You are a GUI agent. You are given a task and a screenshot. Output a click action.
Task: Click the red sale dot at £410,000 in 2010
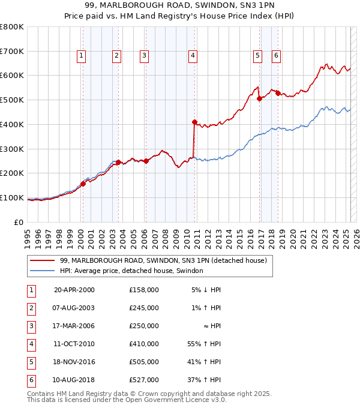[194, 122]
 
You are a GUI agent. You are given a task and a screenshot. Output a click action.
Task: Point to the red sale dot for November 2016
[259, 99]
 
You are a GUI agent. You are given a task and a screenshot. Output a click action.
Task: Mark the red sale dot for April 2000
[83, 184]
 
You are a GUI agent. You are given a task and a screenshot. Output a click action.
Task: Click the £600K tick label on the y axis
[12, 76]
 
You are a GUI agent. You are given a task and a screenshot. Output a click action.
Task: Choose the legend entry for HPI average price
[131, 271]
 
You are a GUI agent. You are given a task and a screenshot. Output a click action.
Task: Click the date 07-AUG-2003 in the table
[74, 308]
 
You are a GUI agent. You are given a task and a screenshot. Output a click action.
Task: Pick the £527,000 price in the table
[144, 380]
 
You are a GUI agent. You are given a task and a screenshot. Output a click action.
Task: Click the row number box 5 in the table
[30, 362]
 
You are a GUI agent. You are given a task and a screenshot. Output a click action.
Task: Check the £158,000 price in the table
[144, 290]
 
